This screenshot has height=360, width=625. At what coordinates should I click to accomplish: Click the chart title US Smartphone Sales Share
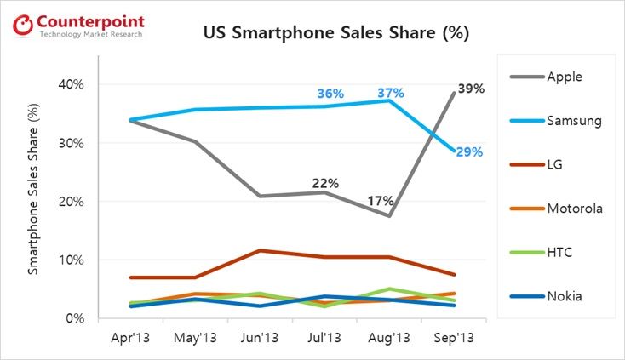[x=335, y=34]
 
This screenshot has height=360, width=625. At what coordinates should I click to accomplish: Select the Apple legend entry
[x=563, y=76]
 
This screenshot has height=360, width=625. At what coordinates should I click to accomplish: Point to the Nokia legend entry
[x=562, y=297]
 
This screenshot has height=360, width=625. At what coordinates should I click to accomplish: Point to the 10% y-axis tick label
[x=73, y=260]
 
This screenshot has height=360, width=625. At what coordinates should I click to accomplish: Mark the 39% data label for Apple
[x=471, y=89]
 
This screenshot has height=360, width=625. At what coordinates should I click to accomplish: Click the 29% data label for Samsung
[x=468, y=152]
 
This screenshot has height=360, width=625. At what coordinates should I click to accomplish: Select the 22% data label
[x=325, y=183]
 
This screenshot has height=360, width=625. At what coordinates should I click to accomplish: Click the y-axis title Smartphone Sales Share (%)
[x=34, y=201]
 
